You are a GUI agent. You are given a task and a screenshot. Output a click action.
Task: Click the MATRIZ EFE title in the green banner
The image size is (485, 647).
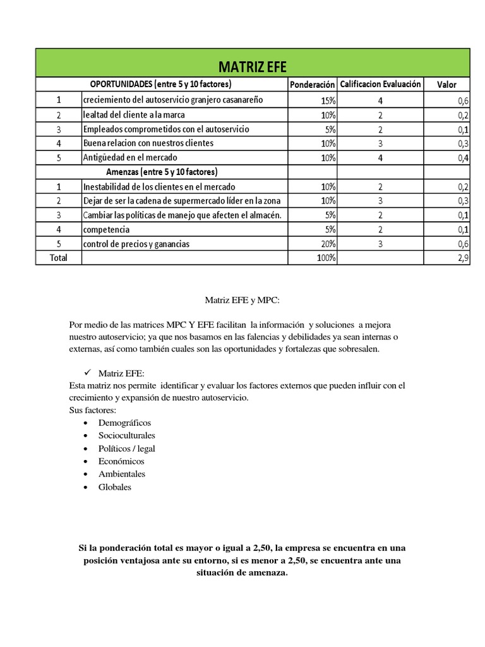point(252,67)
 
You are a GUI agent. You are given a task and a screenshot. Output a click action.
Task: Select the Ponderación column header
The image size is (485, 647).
point(312,85)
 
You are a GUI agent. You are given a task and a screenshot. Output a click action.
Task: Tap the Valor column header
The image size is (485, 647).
point(446,85)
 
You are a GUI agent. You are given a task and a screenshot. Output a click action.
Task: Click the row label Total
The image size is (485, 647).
point(58,258)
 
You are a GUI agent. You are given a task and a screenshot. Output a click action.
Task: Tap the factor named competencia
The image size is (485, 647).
point(106,229)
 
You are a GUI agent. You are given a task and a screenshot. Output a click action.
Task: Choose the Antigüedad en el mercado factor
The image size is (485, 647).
point(130,157)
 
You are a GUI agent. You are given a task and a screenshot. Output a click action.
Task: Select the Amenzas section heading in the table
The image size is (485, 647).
point(162,172)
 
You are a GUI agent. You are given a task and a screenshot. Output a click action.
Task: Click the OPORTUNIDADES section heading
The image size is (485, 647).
point(160,85)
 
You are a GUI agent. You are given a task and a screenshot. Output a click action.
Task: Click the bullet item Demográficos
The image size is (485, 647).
point(124,423)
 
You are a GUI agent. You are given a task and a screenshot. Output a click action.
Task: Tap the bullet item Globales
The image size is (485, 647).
point(115,487)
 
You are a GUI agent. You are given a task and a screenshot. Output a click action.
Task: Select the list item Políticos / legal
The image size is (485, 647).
point(126,449)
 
